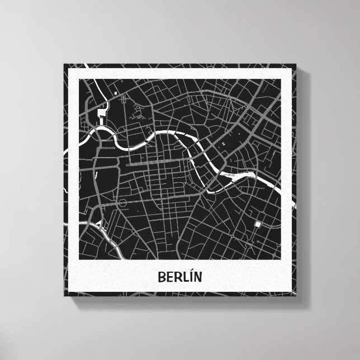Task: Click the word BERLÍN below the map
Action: [180, 276]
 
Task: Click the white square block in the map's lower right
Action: [258, 225]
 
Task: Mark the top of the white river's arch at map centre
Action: [168, 132]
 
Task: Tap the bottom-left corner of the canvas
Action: [64, 296]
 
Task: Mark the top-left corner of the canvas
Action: [64, 64]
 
